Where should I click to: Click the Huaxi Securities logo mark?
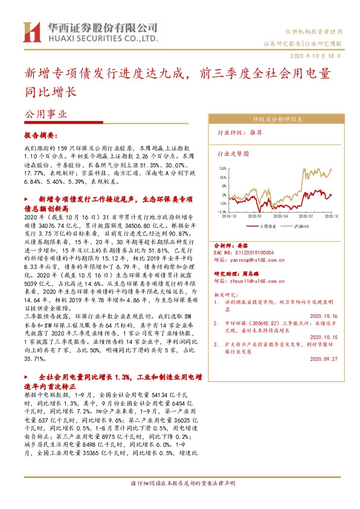(x=31, y=33)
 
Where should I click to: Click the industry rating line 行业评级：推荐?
(x=240, y=132)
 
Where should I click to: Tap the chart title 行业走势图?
(x=233, y=154)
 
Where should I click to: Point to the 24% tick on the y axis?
(x=223, y=169)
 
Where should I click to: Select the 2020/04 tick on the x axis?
(x=280, y=216)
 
